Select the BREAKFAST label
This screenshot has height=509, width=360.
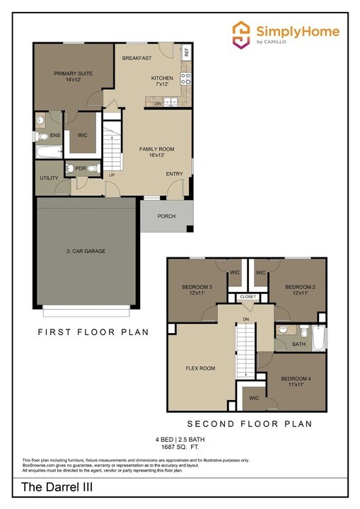point(137,58)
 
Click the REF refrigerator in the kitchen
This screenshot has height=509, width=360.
point(187,52)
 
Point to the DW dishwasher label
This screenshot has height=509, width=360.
point(158,103)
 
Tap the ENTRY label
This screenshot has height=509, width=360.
point(174,174)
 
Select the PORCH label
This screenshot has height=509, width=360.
point(166,216)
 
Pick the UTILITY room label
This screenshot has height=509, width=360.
point(49,178)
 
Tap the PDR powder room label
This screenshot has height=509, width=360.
point(80,168)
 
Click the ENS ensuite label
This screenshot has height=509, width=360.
point(54,135)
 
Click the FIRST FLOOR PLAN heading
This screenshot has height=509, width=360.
point(93,332)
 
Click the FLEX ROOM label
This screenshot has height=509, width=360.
point(200,368)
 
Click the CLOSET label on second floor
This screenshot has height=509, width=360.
point(248,297)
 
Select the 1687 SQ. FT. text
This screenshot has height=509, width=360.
point(179,447)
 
